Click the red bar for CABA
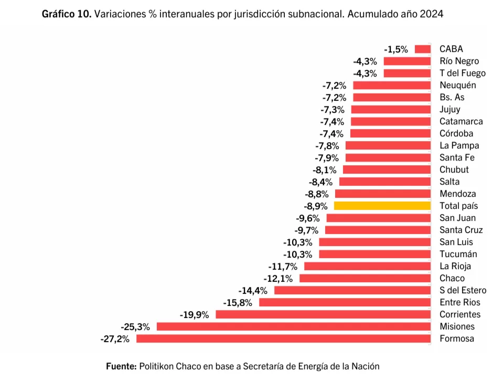click(x=423, y=49)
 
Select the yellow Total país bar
click(x=382, y=206)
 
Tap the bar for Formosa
click(x=283, y=339)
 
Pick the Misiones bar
click(x=294, y=327)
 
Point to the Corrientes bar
click(x=323, y=315)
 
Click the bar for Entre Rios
click(x=345, y=303)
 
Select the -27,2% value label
click(x=115, y=339)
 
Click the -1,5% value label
click(x=396, y=49)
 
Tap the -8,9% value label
click(x=316, y=206)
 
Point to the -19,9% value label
click(x=194, y=315)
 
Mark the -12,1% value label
click(x=278, y=279)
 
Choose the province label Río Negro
click(x=459, y=61)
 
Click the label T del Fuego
click(x=462, y=73)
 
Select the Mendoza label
click(x=457, y=194)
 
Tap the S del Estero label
click(x=463, y=291)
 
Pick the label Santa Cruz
click(x=461, y=230)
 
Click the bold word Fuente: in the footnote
click(x=121, y=366)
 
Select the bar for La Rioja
click(x=367, y=266)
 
